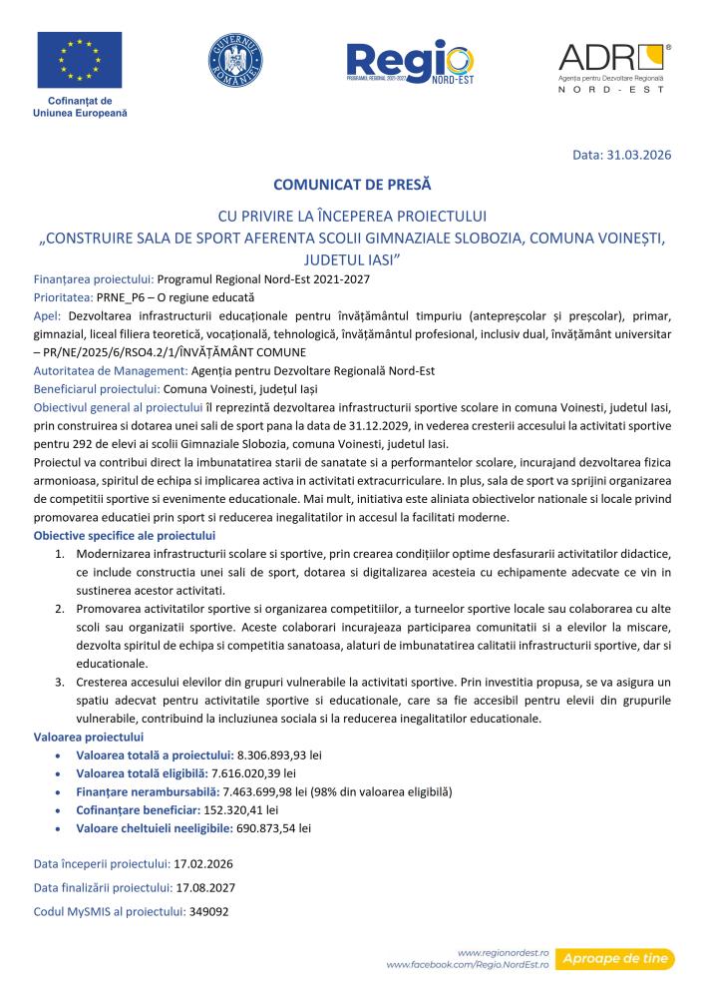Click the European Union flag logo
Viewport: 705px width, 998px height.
click(80, 61)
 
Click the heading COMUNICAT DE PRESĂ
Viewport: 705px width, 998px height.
click(352, 185)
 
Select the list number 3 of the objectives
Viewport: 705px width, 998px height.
click(59, 681)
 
